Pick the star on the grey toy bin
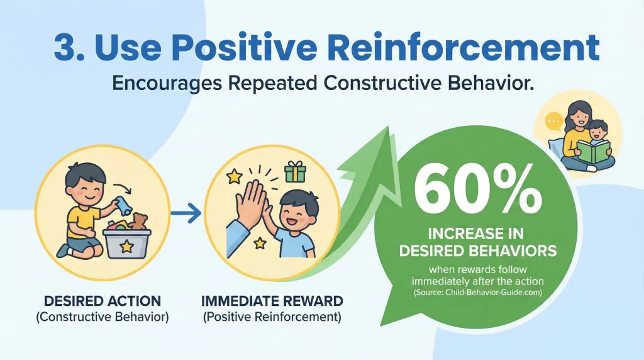(127, 246)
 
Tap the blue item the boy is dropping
(117, 205)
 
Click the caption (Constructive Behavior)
(101, 317)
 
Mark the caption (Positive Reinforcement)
(272, 317)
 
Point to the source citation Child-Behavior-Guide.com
(479, 293)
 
